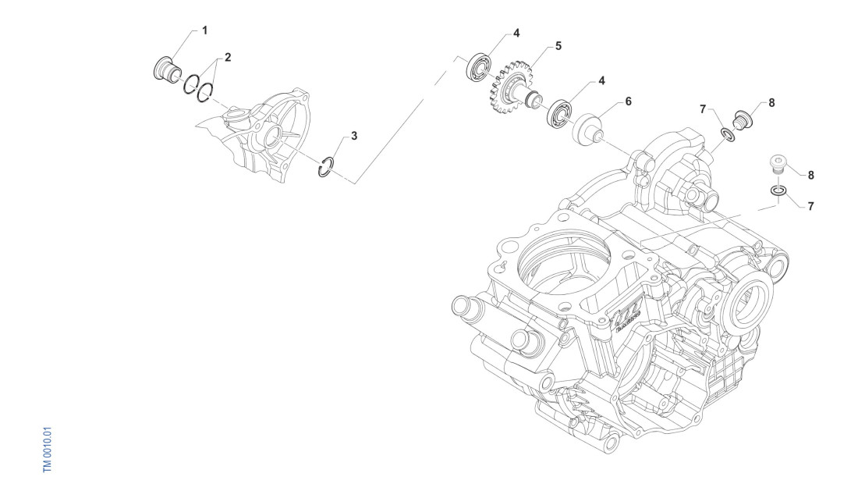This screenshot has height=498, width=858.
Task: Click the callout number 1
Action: [x=204, y=30]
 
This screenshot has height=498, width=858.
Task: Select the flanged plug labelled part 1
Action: [x=166, y=68]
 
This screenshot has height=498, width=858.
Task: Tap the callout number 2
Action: [x=228, y=57]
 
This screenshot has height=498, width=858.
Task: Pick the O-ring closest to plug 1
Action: [x=191, y=84]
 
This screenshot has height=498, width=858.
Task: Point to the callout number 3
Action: [x=354, y=136]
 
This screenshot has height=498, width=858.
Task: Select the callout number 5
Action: [x=558, y=46]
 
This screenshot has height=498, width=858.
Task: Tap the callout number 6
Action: [x=628, y=101]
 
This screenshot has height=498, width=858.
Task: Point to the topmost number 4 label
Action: [x=516, y=33]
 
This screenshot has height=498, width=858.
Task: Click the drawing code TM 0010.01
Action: [x=48, y=449]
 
